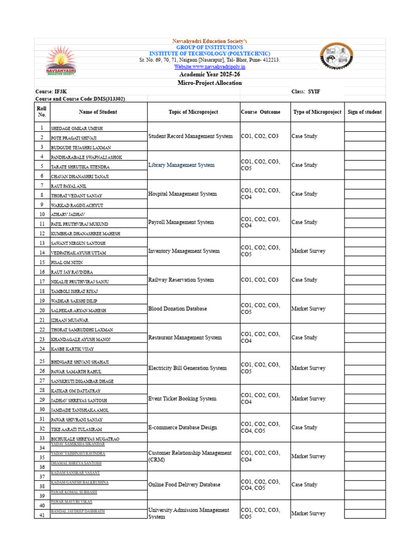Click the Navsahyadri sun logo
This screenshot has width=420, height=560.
61,61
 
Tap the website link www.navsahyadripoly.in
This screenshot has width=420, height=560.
209,67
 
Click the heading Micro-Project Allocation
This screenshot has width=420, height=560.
209,83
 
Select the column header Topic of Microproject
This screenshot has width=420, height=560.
193,112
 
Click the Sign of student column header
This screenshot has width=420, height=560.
365,112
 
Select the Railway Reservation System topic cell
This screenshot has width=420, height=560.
181,280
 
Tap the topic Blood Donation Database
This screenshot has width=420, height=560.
177,308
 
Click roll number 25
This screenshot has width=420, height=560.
42,361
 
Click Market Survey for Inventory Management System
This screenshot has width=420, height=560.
308,251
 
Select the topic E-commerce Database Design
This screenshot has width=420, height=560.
183,428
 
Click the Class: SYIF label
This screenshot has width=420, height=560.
307,92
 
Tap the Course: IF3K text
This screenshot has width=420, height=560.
52,92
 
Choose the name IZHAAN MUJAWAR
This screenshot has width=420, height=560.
69,320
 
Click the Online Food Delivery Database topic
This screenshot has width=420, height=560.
184,485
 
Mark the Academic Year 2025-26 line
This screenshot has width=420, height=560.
209,74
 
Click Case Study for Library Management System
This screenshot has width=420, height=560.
304,165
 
